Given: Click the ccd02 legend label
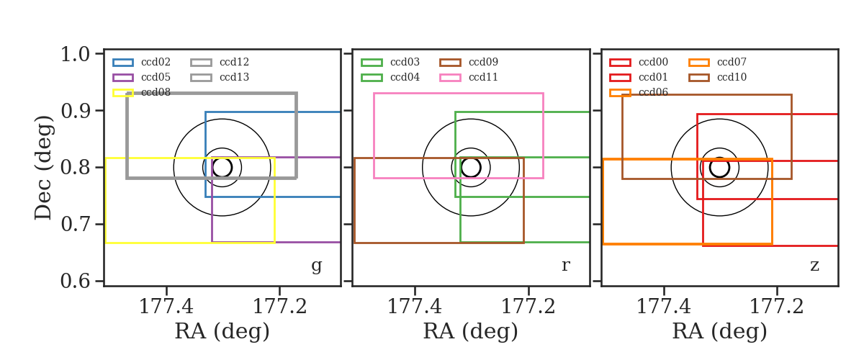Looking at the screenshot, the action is (156, 62).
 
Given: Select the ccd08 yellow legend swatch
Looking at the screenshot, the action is (123, 93).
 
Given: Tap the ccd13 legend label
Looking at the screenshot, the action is (234, 77).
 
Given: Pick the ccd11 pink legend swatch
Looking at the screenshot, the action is (450, 78).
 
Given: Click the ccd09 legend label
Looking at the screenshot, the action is (483, 62).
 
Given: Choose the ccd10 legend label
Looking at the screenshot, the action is (732, 77).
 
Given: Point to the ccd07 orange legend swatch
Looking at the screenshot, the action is (699, 63).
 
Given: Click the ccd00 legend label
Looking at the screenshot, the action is (654, 62).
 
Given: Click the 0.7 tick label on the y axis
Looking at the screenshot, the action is (75, 224).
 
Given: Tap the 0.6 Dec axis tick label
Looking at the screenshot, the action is (75, 281).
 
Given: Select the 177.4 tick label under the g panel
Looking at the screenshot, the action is (166, 307).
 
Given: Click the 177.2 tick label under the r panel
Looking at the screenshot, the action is (528, 307).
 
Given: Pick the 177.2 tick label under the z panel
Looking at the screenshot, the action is (777, 307).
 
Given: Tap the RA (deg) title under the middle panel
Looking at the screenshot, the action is (471, 331).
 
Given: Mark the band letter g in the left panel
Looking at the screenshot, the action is (316, 266).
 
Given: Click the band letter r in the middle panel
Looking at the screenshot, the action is (565, 266).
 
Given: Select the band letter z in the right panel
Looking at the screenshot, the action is (814, 266).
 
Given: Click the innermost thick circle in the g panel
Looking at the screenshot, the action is (222, 158).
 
